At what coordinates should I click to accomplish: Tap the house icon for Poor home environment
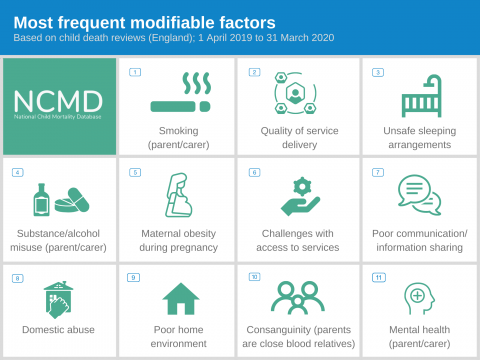pos(180,297)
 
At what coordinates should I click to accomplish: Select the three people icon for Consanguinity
pos(297,297)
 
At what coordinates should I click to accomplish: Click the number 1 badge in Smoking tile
pos(135,72)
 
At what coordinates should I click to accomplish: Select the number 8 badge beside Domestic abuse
pos(17,278)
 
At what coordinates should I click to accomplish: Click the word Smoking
pos(179,130)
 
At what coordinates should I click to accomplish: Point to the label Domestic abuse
pos(59,329)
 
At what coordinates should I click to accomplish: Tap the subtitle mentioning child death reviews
pos(174,38)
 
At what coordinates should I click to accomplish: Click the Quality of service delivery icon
pos(296,94)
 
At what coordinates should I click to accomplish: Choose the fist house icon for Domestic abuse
pos(59,298)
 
